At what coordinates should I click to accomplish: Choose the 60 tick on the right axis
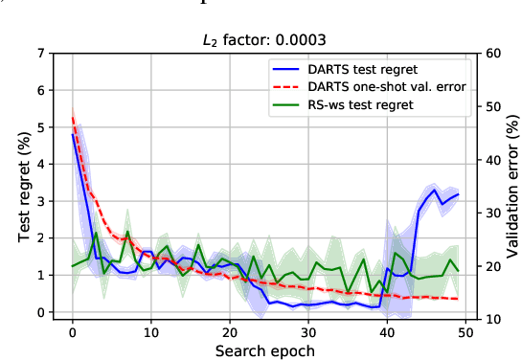pos(495,53)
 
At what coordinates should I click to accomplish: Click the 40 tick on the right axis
pos(495,159)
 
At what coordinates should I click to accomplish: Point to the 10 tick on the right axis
pos(495,318)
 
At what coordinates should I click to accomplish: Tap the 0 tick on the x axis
pos(73,332)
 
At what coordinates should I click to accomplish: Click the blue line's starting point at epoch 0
pos(73,135)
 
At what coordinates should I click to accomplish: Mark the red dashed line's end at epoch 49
pos(458,300)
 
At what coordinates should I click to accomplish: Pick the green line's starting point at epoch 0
pos(73,266)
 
